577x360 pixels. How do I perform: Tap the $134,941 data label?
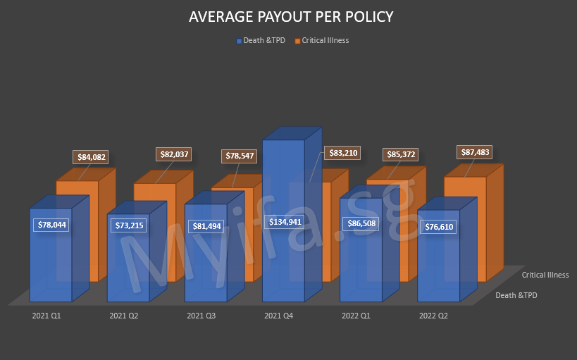tap(287, 222)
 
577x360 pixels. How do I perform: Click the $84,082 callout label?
tap(92, 157)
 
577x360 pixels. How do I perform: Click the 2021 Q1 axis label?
tap(46, 316)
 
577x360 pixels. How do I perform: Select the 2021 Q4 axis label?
tap(279, 316)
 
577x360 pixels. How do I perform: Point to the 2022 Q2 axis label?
tap(433, 316)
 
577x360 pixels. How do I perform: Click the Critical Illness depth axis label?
tap(545, 275)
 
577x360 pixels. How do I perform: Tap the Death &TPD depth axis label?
tap(516, 295)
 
